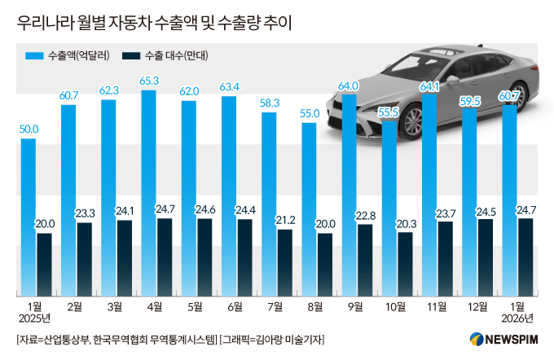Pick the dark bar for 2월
(x=85, y=259)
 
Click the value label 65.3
(x=149, y=81)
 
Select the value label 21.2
(x=285, y=219)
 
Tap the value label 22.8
(x=365, y=215)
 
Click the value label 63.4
(x=229, y=86)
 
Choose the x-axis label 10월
(x=396, y=306)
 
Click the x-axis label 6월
(x=236, y=306)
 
